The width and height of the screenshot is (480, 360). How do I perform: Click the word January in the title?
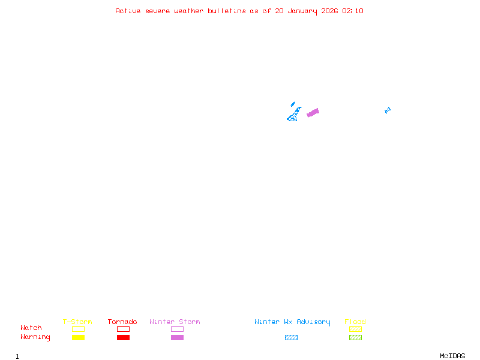(302, 11)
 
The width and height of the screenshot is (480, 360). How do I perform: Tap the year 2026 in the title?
(329, 11)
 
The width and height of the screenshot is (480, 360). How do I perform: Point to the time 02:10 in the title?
(353, 11)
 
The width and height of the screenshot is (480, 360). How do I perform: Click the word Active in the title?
(128, 11)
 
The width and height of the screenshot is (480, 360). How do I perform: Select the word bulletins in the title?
(227, 11)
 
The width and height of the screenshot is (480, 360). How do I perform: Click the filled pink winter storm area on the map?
(313, 113)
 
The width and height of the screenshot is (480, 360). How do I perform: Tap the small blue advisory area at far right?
(388, 110)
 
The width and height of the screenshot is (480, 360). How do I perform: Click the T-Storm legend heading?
(77, 322)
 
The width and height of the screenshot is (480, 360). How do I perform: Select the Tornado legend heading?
(122, 322)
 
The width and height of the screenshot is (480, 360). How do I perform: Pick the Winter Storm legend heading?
(175, 322)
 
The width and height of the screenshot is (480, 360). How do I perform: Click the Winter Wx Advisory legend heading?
(292, 322)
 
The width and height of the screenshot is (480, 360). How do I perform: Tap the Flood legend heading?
(355, 322)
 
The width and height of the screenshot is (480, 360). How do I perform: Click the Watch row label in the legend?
(31, 328)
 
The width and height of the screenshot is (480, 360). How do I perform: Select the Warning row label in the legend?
(35, 337)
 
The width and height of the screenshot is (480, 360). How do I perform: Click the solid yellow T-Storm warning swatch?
(79, 338)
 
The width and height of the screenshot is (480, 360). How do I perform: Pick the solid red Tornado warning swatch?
(124, 338)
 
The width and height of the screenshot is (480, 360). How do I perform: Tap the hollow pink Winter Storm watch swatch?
(177, 329)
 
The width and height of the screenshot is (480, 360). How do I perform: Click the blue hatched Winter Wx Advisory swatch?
(291, 338)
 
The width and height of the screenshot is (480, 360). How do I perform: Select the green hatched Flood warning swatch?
(355, 338)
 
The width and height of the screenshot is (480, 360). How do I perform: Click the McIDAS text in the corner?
(452, 356)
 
